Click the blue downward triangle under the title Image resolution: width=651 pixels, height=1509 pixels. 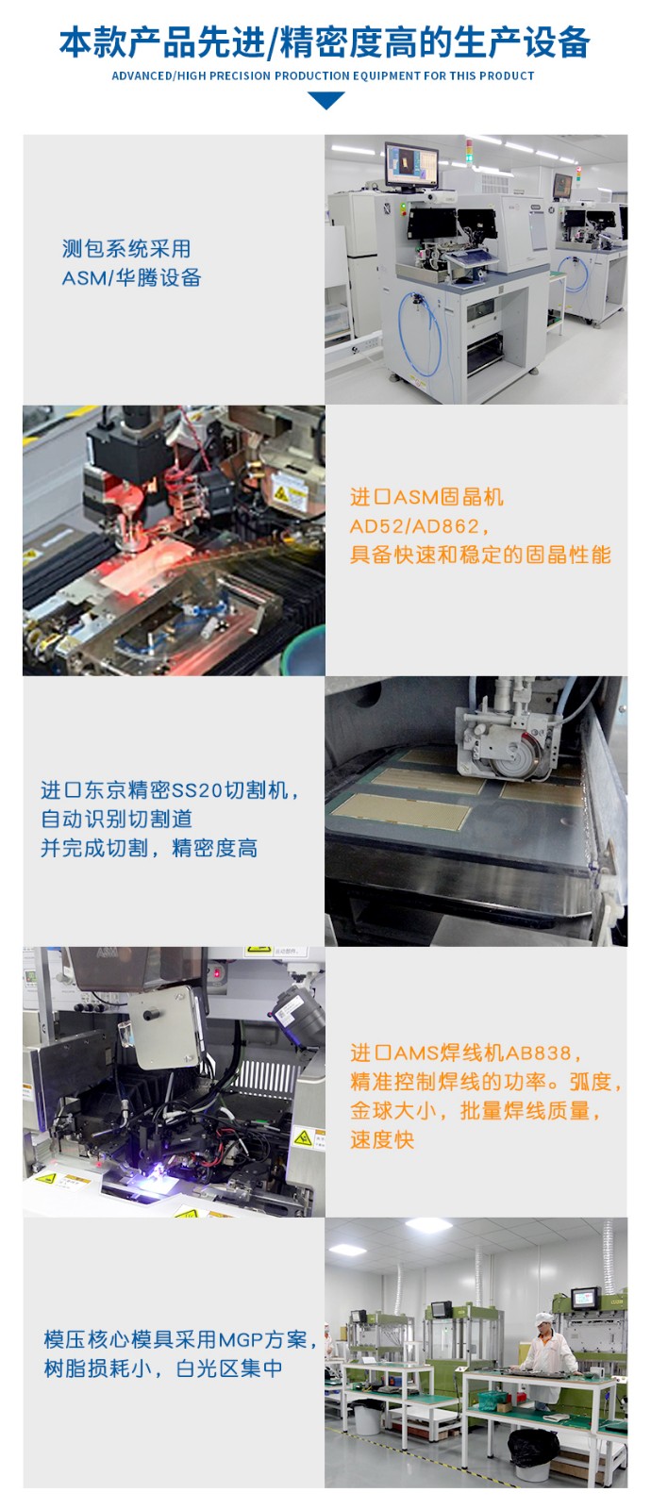pos(325,100)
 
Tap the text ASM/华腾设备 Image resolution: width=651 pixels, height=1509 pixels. pos(131,277)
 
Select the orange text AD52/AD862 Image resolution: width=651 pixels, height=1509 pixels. pos(414,526)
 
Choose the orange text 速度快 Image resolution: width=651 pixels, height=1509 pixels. pos(382,1139)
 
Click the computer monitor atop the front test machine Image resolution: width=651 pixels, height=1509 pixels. pos(411,164)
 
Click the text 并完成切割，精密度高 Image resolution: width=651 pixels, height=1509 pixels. pos(149,849)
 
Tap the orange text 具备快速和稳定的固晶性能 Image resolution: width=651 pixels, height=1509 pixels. pos(480,555)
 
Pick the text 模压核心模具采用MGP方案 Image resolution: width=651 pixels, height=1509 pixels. pos(175,1339)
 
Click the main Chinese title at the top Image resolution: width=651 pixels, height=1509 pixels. pos(325,42)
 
